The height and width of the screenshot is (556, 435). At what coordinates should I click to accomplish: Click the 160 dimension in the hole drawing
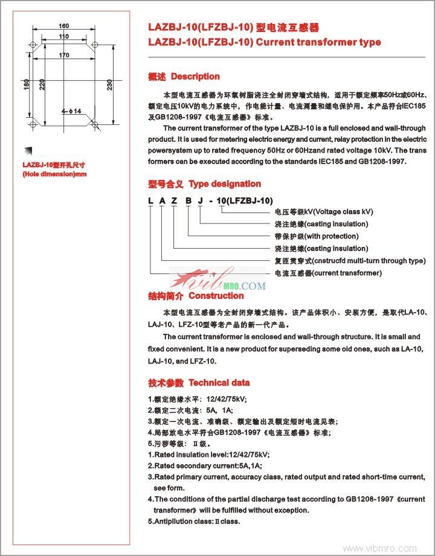pyautogui.click(x=63, y=26)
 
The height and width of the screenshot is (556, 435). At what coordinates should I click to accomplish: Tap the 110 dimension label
pyautogui.click(x=64, y=37)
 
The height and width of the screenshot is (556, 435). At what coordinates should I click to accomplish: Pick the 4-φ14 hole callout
pyautogui.click(x=71, y=110)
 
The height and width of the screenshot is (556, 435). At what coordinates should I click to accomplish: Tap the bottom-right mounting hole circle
pyautogui.click(x=95, y=124)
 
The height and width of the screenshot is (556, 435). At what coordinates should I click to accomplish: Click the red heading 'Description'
pyautogui.click(x=195, y=77)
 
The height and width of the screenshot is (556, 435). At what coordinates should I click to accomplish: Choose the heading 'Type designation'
pyautogui.click(x=225, y=184)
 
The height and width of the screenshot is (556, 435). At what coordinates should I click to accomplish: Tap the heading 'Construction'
pyautogui.click(x=216, y=296)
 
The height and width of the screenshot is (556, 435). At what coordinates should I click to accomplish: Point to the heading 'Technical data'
pyautogui.click(x=219, y=383)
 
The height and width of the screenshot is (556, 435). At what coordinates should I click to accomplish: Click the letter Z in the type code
pyautogui.click(x=175, y=200)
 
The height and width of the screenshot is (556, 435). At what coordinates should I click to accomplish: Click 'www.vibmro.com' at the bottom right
pyautogui.click(x=379, y=548)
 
